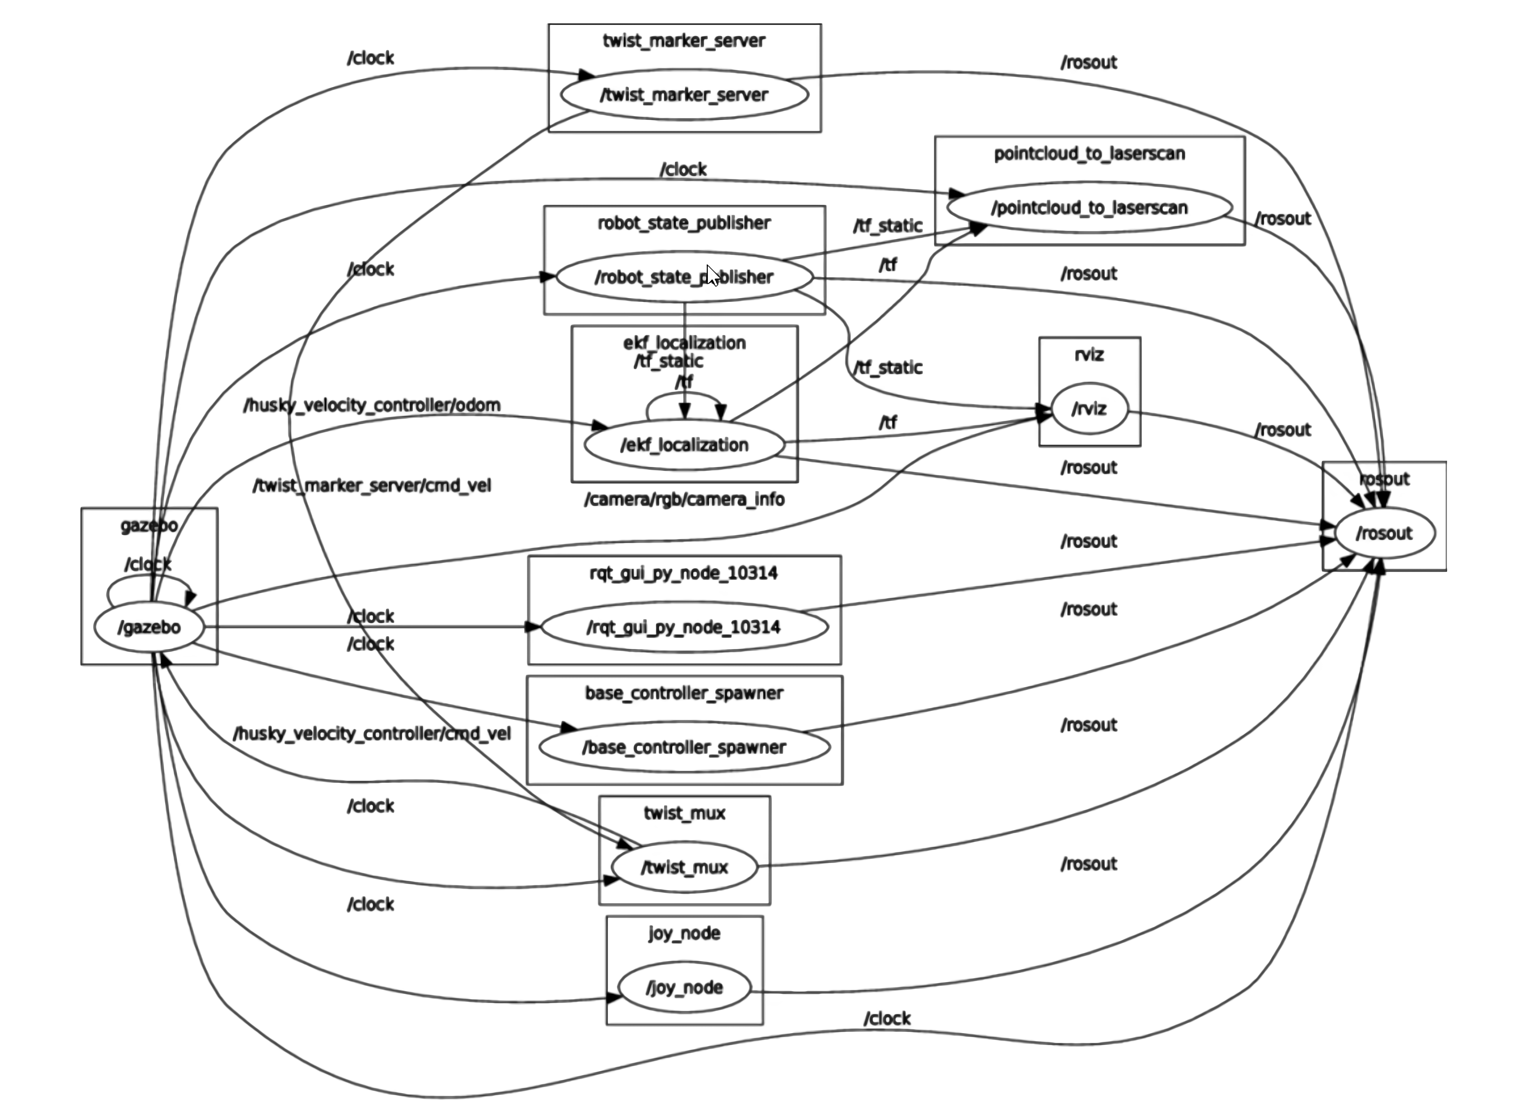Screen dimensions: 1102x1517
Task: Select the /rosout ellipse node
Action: pos(1384,533)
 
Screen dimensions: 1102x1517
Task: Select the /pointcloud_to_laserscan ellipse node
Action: pos(1089,207)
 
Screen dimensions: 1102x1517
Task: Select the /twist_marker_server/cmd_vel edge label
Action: pos(372,486)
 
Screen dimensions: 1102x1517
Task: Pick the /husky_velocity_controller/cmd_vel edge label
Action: pos(372,734)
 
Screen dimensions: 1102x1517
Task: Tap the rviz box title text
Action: pos(1089,355)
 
